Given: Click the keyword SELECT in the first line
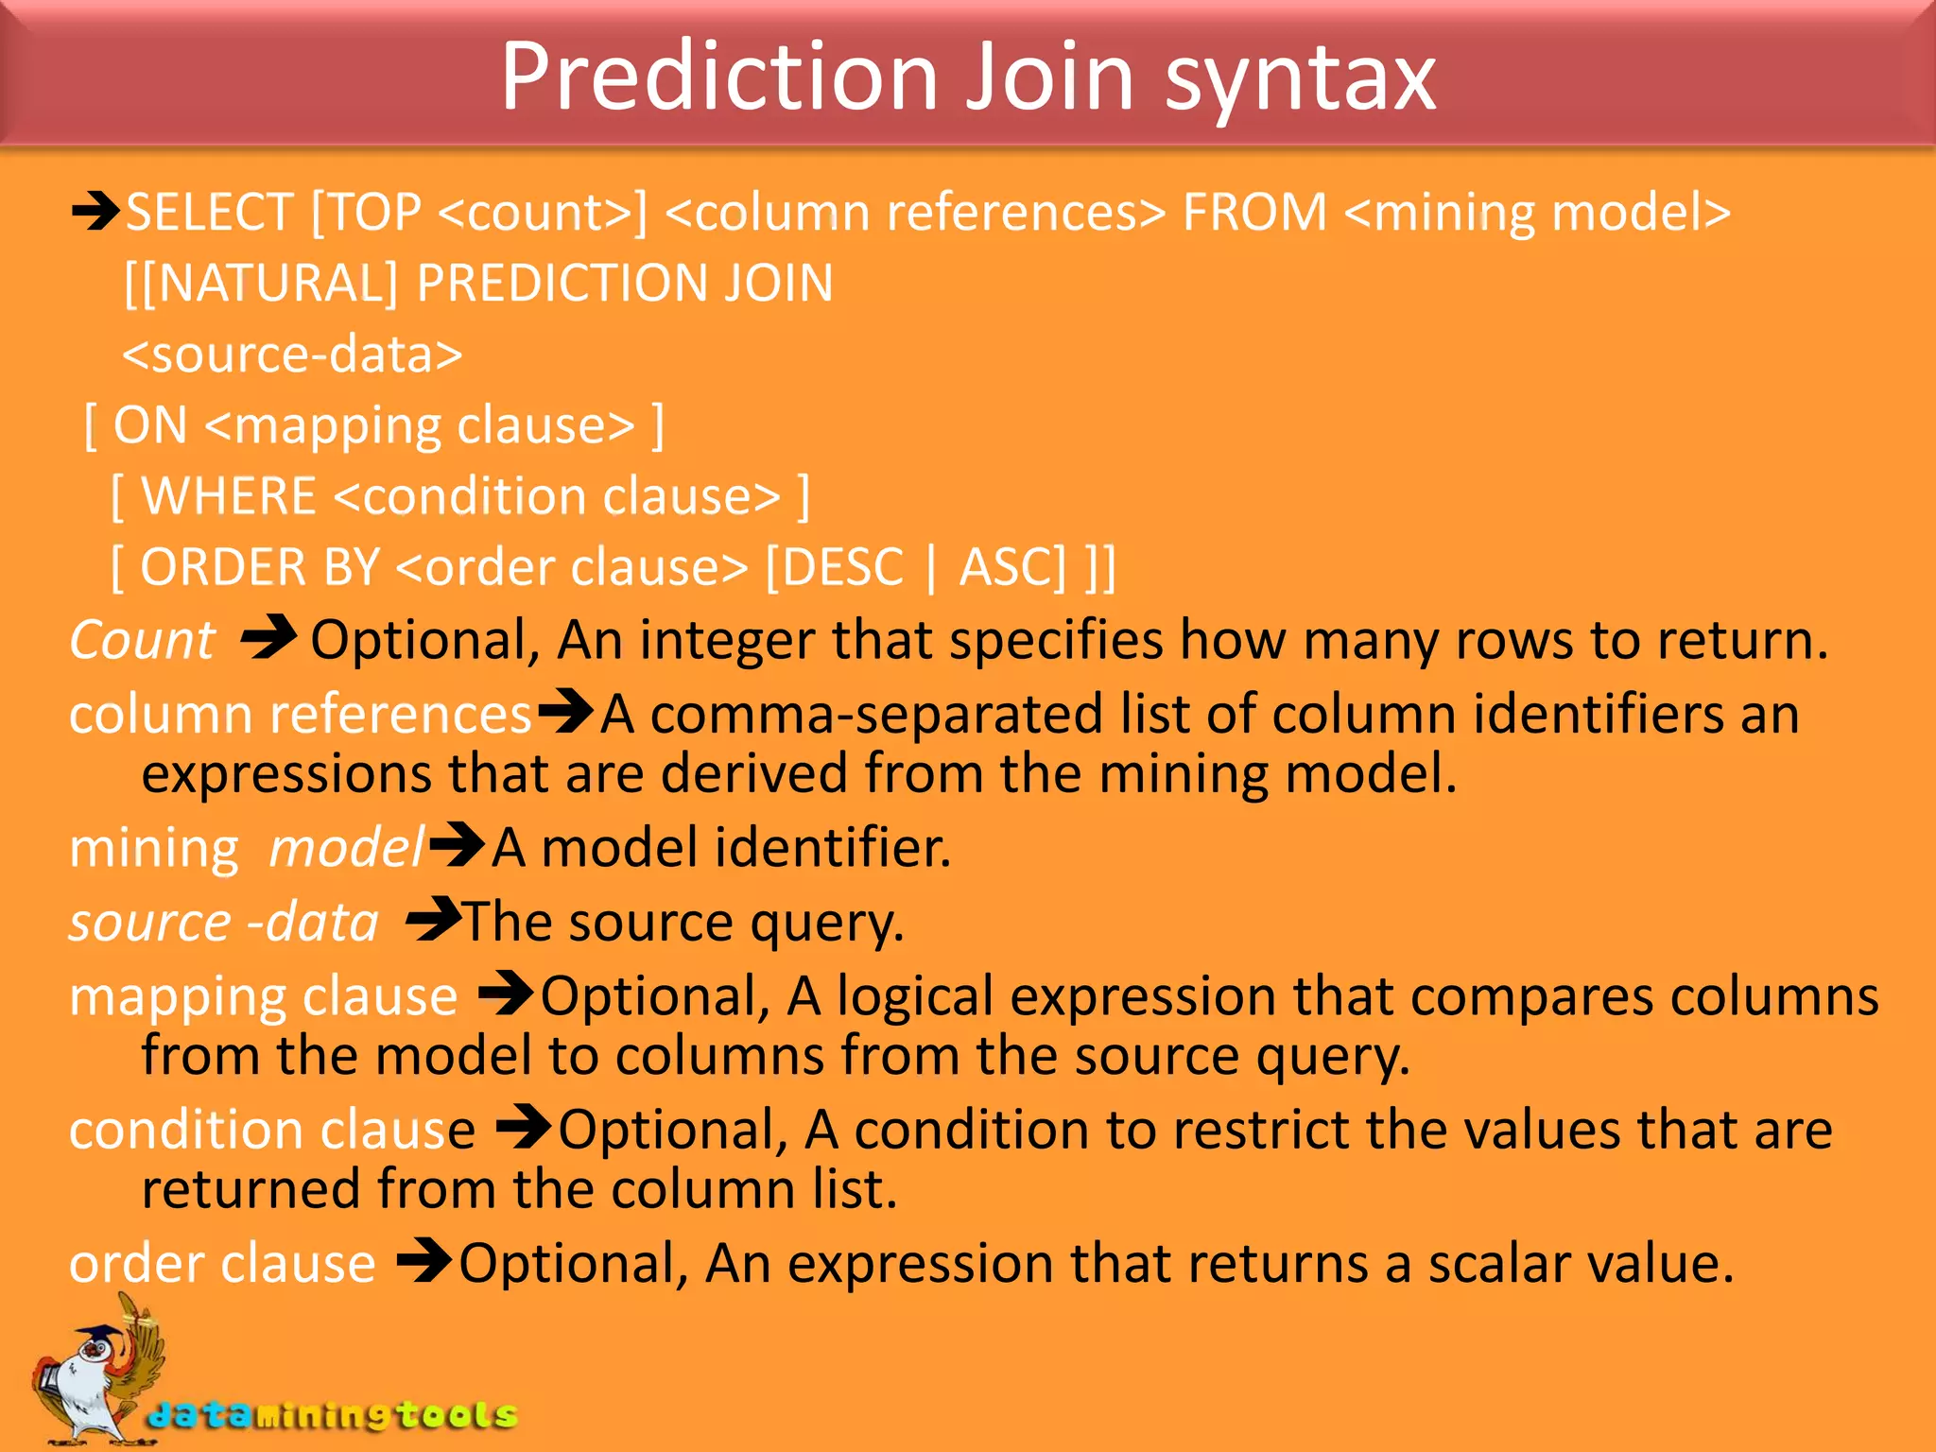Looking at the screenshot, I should pyautogui.click(x=210, y=212).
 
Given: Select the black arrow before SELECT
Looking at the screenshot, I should pyautogui.click(x=95, y=211).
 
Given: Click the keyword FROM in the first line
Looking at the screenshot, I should pyautogui.click(x=1254, y=212).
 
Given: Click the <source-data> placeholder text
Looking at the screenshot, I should pyautogui.click(x=293, y=355).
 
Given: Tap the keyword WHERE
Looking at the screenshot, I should pyautogui.click(x=229, y=496).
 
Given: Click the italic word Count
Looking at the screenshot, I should pyautogui.click(x=142, y=641).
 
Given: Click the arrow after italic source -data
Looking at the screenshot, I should pyautogui.click(x=433, y=919).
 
